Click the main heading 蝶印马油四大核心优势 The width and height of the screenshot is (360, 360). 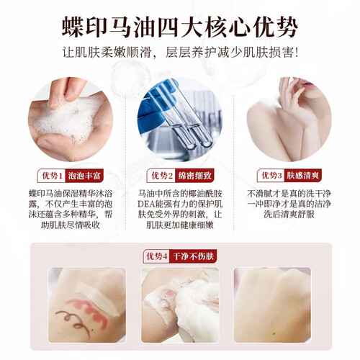tap(180, 27)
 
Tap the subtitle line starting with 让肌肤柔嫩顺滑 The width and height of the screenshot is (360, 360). tap(180, 53)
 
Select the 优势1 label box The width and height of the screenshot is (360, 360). tap(52, 176)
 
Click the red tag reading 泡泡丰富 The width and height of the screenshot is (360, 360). tap(84, 176)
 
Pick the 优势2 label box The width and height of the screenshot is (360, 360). tap(161, 176)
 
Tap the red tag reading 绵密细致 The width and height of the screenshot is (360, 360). tap(194, 176)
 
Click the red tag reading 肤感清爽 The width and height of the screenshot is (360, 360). tap(303, 176)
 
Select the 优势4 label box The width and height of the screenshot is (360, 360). tap(157, 256)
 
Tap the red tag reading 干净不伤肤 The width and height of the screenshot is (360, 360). tap(193, 256)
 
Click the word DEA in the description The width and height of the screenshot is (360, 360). tap(146, 204)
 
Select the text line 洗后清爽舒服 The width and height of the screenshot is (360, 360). tap(289, 214)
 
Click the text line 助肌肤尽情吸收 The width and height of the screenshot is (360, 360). tap(71, 225)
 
